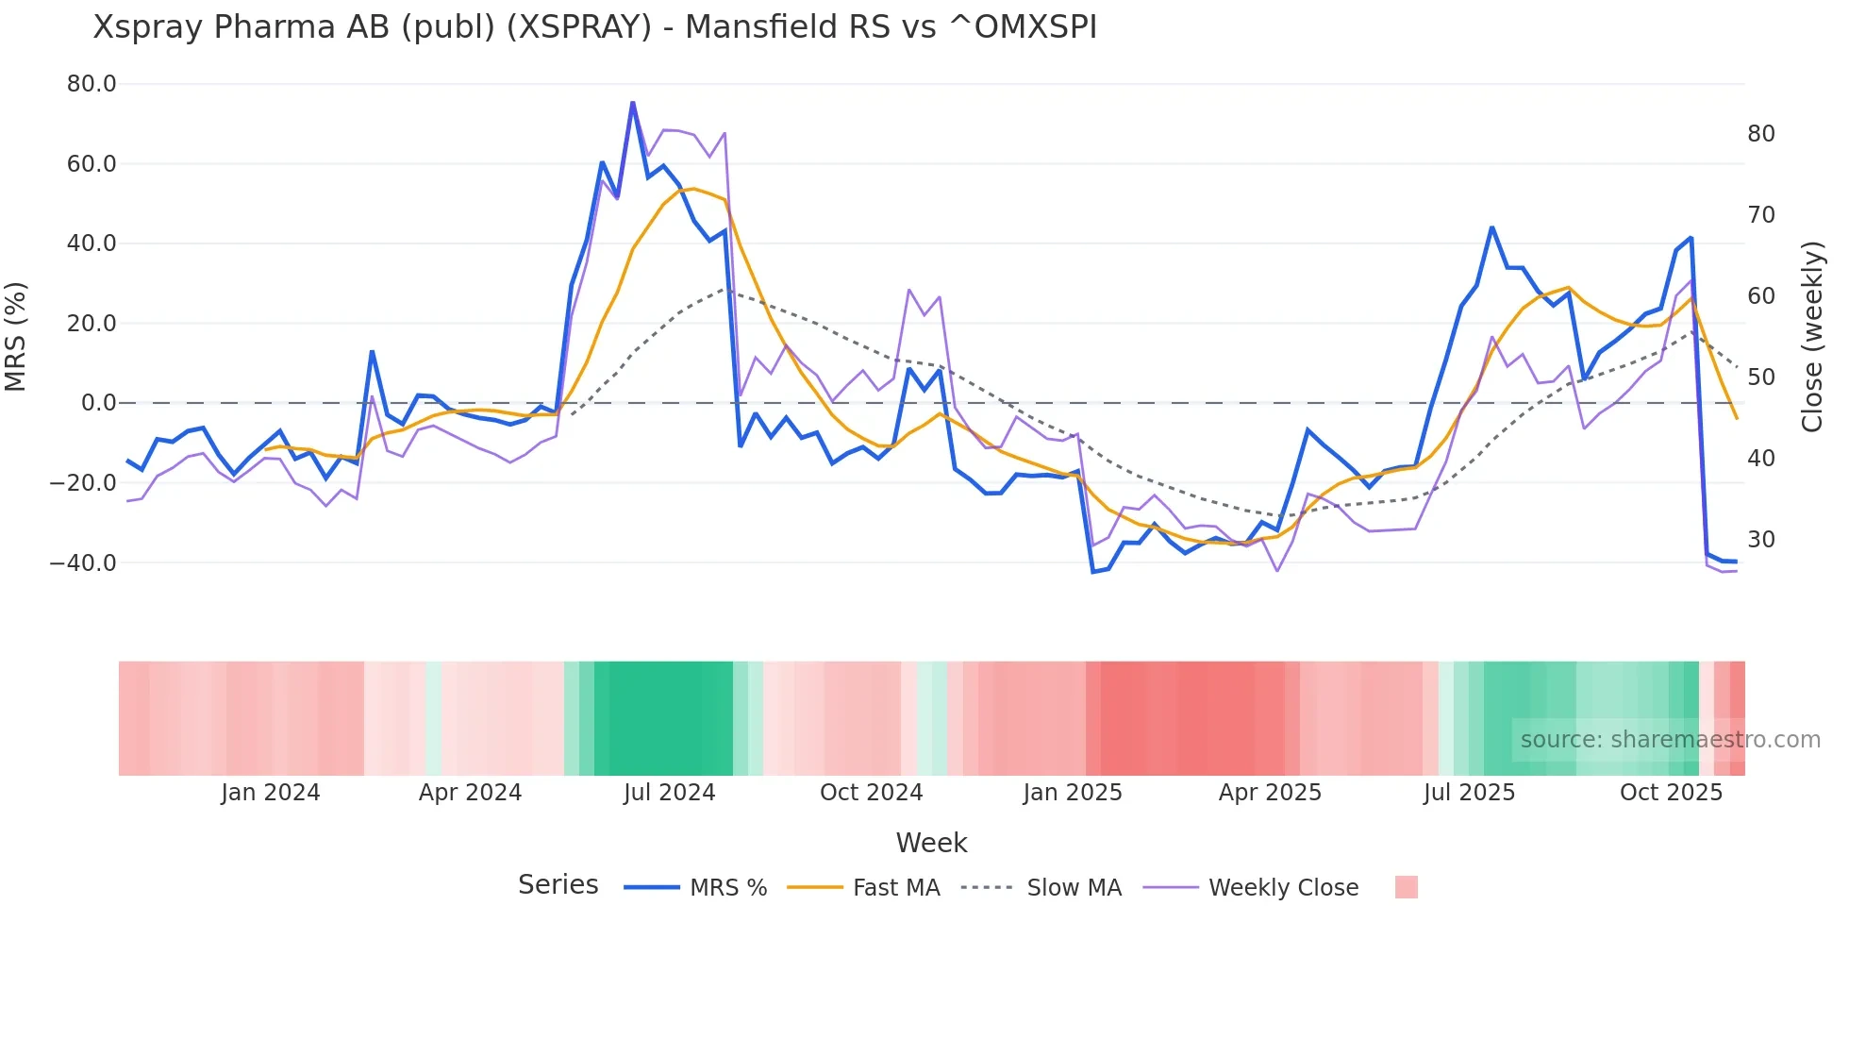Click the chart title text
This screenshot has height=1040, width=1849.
pyautogui.click(x=594, y=27)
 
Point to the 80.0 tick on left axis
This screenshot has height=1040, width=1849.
pyautogui.click(x=92, y=84)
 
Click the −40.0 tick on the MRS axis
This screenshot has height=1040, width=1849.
pyautogui.click(x=83, y=563)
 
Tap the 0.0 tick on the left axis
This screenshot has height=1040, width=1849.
pyautogui.click(x=99, y=403)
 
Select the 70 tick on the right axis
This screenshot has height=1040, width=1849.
pyautogui.click(x=1760, y=215)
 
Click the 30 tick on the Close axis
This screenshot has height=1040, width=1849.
pyautogui.click(x=1760, y=540)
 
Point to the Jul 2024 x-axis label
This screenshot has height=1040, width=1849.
pyautogui.click(x=669, y=793)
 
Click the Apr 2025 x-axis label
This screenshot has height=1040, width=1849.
pyautogui.click(x=1270, y=793)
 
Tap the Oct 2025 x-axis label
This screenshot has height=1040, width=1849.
pyautogui.click(x=1671, y=793)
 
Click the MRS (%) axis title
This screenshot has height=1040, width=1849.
pyautogui.click(x=16, y=336)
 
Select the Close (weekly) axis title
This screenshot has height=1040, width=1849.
pyautogui.click(x=1811, y=336)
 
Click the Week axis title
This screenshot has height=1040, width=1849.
pyautogui.click(x=931, y=843)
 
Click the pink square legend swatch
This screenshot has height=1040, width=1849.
pyautogui.click(x=1406, y=888)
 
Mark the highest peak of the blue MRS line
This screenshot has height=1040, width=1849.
pyautogui.click(x=632, y=103)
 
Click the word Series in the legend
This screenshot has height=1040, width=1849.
pyautogui.click(x=558, y=885)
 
